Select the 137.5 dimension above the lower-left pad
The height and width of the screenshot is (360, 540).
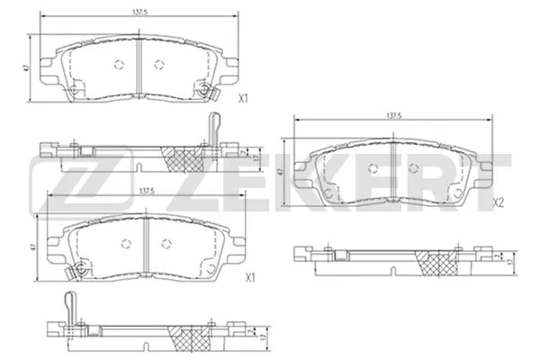point(147,191)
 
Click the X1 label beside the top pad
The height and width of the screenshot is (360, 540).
point(240,101)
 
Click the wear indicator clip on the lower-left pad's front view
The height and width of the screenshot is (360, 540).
point(80,267)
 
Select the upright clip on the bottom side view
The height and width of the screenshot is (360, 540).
point(68,303)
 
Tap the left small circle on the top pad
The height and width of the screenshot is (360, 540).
point(119,63)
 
